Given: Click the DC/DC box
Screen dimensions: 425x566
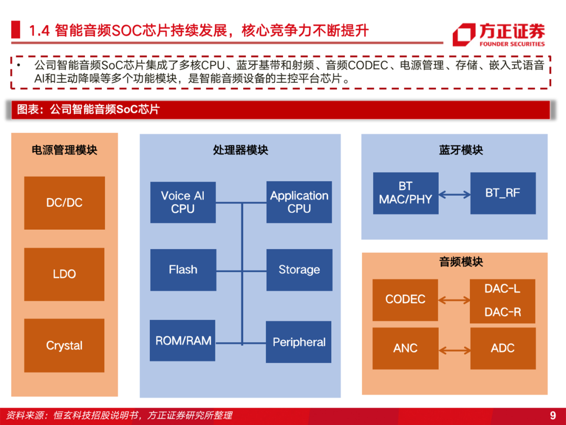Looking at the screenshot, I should coord(64,203).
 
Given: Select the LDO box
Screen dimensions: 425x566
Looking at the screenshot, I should coord(64,274).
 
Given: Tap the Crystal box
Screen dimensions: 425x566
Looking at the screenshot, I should coord(64,345).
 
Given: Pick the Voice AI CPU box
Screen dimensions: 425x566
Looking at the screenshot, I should coord(183,202).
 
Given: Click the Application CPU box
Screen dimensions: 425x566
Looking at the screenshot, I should coord(299,202).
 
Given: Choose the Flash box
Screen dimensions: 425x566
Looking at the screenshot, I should coord(183,270).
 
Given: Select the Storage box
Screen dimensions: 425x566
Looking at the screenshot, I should coord(299,270).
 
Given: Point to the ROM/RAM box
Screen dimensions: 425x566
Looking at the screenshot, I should coord(182,341).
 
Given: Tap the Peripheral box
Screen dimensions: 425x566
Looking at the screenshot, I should coord(299,342).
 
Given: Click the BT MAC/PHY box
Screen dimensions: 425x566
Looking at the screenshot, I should coord(405,193).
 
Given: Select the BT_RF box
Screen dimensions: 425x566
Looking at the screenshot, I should coord(503,193).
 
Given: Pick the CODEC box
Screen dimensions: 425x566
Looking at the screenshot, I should coord(405,300).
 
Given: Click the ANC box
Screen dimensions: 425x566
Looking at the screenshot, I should coord(405,348).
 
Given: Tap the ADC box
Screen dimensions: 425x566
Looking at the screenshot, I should coord(503,348).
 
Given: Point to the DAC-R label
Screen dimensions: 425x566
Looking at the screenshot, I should coord(503,312).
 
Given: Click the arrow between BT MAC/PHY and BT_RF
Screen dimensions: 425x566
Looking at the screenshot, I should coord(454,195).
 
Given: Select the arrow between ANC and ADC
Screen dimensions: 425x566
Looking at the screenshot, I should coord(454,348).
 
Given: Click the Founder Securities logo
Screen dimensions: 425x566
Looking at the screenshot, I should coord(498,35).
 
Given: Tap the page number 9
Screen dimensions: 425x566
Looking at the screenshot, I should coord(552,416).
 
